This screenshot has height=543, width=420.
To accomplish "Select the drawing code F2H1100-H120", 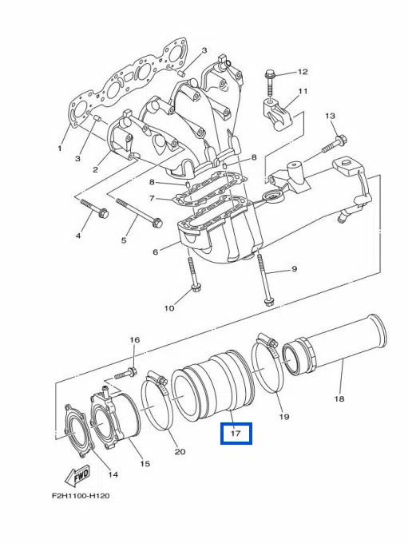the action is click(x=81, y=496).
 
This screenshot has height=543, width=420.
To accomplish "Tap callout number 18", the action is click(x=339, y=398).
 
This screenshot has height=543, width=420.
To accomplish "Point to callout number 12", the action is click(x=303, y=72).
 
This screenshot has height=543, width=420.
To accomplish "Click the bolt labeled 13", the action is click(x=335, y=145).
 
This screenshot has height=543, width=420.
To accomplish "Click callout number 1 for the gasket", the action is click(x=60, y=149).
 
